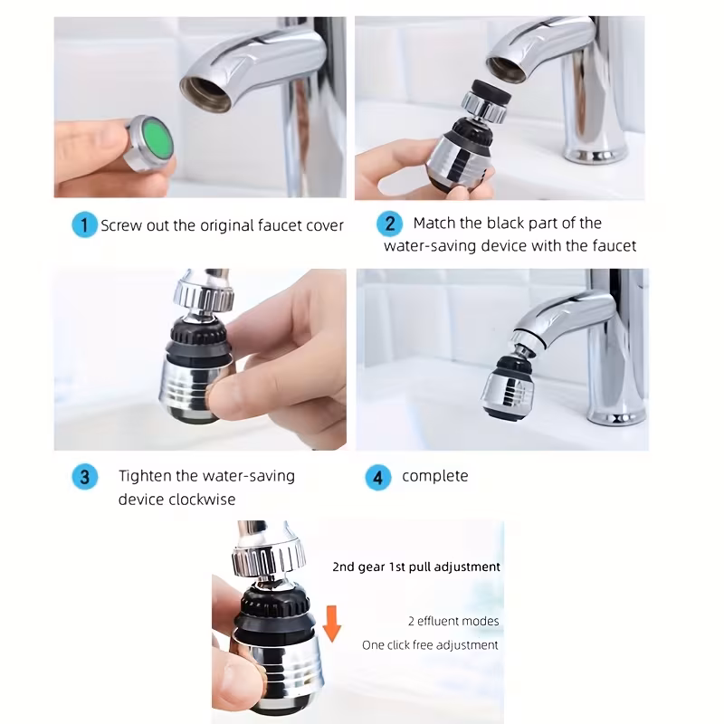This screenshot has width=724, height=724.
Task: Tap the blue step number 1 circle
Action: coord(83,225)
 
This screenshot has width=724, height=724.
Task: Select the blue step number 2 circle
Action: coord(390,224)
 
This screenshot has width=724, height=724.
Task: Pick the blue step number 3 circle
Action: coord(84,477)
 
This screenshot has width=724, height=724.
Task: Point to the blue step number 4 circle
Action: coord(377,477)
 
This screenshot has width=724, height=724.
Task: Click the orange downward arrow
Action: coord(331,624)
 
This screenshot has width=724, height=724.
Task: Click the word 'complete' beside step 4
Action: coord(435,476)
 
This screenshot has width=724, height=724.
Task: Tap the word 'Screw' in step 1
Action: coord(122,225)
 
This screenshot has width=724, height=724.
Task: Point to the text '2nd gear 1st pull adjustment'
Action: coord(415,567)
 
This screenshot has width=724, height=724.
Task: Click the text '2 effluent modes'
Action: coord(452,621)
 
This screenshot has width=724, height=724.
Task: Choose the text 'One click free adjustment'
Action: coord(430,645)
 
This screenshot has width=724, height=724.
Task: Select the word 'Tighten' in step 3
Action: coord(146,476)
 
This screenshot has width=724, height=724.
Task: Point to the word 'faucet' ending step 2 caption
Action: coord(613,245)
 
